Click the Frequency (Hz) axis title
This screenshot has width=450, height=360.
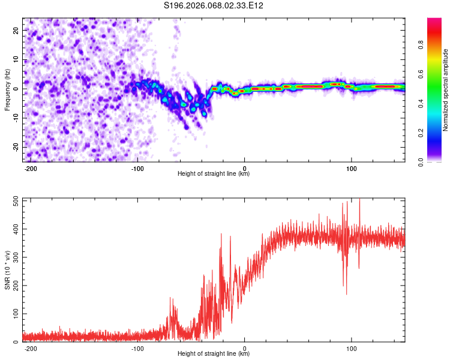click(7, 90)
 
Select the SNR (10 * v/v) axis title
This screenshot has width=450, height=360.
click(7, 270)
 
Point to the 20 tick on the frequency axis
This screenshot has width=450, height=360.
click(16, 30)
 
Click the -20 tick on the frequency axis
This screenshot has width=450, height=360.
click(14, 148)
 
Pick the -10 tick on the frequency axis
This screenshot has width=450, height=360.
click(14, 118)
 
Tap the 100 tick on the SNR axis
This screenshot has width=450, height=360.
click(14, 314)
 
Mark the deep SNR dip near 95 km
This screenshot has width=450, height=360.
click(346, 293)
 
